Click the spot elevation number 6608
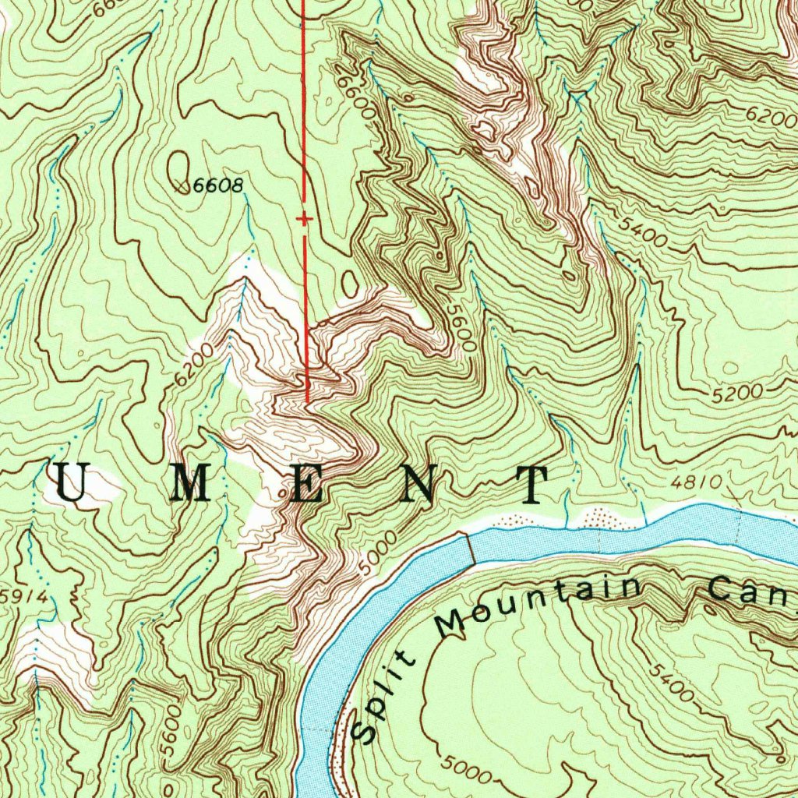tap(219, 185)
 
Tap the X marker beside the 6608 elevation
tap(182, 186)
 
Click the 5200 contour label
tap(736, 394)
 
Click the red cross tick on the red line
tap(304, 220)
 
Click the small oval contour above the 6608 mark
tap(179, 163)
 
